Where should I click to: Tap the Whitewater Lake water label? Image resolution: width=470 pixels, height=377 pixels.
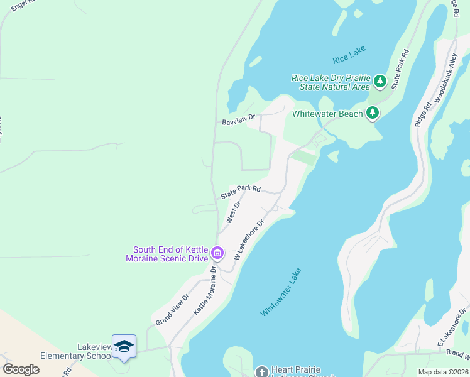(281, 292)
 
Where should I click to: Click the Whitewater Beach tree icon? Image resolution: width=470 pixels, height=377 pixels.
(373, 113)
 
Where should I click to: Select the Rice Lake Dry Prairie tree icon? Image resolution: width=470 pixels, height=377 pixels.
(380, 81)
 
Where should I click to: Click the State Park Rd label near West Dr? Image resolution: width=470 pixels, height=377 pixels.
(240, 192)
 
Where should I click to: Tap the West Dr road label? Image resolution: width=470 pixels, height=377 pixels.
(232, 212)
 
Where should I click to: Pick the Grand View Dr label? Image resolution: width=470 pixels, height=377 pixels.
(172, 309)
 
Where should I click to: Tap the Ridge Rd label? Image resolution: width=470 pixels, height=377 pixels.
(423, 114)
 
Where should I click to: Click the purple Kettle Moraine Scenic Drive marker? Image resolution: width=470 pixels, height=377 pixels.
(217, 253)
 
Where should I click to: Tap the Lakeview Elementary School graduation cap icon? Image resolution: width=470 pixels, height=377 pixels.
(124, 346)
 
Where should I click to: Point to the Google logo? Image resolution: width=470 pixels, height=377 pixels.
(20, 369)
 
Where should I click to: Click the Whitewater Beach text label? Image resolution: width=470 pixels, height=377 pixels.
(327, 114)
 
